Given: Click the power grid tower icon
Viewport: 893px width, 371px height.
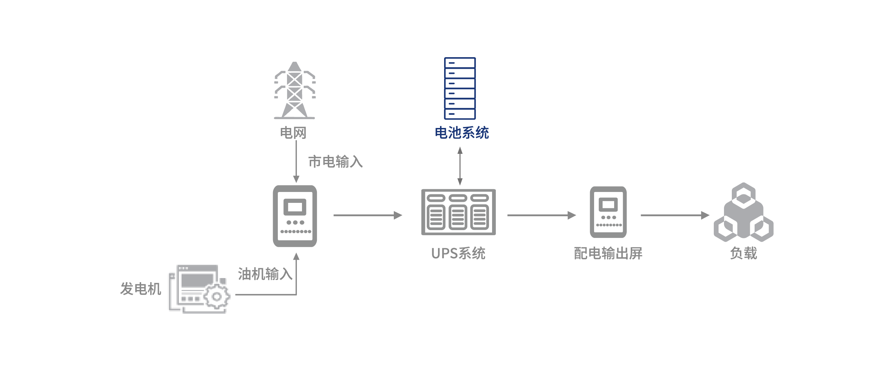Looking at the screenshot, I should (x=294, y=91).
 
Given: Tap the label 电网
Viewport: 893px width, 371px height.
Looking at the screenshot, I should (x=293, y=133).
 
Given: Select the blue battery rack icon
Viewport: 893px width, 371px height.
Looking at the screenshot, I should (x=460, y=88).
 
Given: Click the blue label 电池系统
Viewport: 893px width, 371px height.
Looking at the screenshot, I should (x=462, y=133).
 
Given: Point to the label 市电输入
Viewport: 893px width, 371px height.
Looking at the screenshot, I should (x=335, y=162).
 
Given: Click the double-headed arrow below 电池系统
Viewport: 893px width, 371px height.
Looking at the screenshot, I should (x=460, y=165).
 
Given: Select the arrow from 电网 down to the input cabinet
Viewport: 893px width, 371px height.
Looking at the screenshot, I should (x=296, y=161).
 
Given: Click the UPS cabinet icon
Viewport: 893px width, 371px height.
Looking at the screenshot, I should (x=458, y=212).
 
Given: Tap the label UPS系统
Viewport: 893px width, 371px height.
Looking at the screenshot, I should (x=458, y=253).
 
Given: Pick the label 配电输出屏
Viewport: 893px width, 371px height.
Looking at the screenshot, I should (x=608, y=253).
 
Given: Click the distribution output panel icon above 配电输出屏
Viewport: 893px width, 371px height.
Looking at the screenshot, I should (x=608, y=212).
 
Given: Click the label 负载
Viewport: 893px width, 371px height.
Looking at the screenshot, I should (x=743, y=253).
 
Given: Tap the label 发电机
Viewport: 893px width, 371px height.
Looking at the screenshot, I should (x=140, y=289).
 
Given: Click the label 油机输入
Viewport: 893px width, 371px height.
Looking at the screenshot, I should (x=265, y=274).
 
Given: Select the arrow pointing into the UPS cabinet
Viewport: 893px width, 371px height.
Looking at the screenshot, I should (x=368, y=215).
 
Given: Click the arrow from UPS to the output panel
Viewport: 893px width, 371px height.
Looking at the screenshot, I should (x=541, y=215).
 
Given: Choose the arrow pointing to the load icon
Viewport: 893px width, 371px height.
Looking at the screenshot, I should (x=675, y=215).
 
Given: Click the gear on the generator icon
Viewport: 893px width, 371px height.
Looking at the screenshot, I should (x=217, y=297).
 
